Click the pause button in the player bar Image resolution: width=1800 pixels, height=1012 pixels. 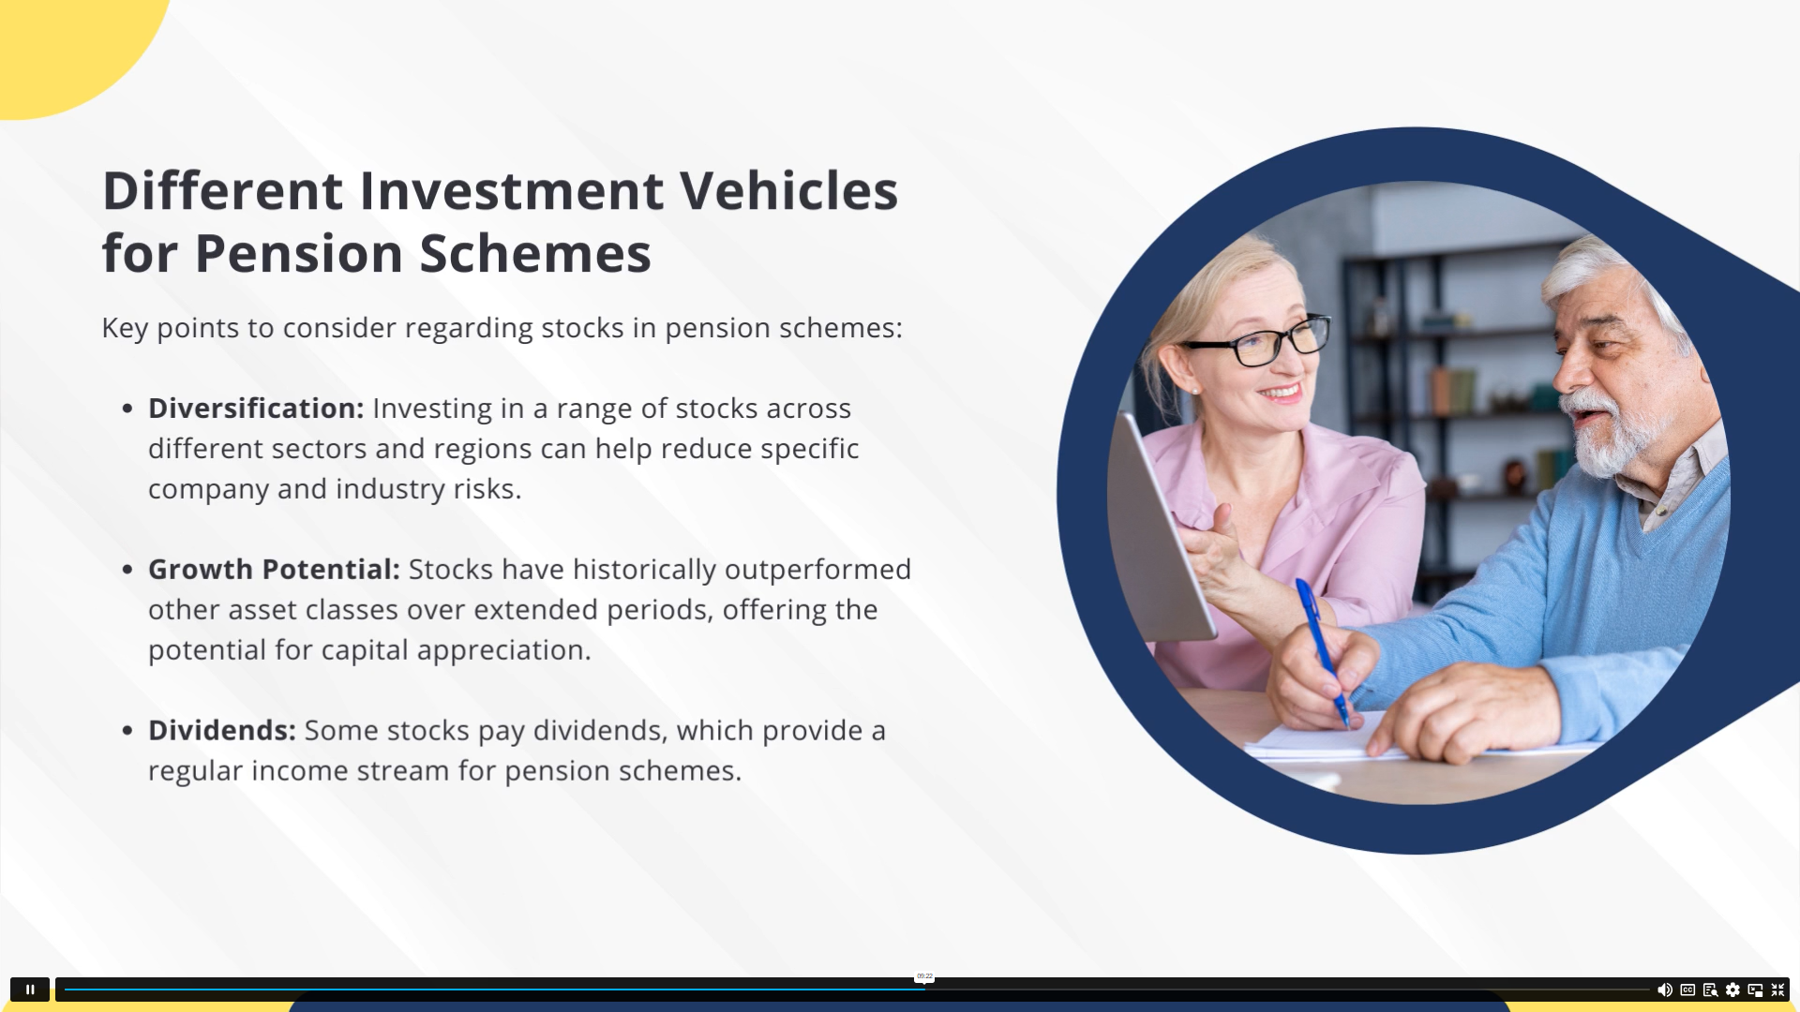[30, 990]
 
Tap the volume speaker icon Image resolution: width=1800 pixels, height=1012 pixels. [1664, 990]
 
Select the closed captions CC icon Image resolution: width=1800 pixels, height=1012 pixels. [1687, 990]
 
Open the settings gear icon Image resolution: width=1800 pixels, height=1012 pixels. [1732, 990]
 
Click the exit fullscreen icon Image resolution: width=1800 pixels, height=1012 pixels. [1777, 990]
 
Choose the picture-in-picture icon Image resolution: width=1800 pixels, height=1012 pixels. [1755, 990]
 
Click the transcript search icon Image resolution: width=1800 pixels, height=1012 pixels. [1710, 990]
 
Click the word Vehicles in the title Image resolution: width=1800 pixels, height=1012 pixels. [788, 190]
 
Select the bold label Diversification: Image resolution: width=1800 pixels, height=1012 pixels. [256, 409]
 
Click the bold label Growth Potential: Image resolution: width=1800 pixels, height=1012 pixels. [274, 570]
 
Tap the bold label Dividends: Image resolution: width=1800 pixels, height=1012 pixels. [222, 731]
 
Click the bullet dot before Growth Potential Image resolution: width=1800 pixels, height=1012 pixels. [127, 569]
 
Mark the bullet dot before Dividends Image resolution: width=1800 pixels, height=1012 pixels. [127, 730]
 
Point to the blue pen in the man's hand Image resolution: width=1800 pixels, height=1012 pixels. [1322, 651]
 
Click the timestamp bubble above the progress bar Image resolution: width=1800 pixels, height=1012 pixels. [924, 976]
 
